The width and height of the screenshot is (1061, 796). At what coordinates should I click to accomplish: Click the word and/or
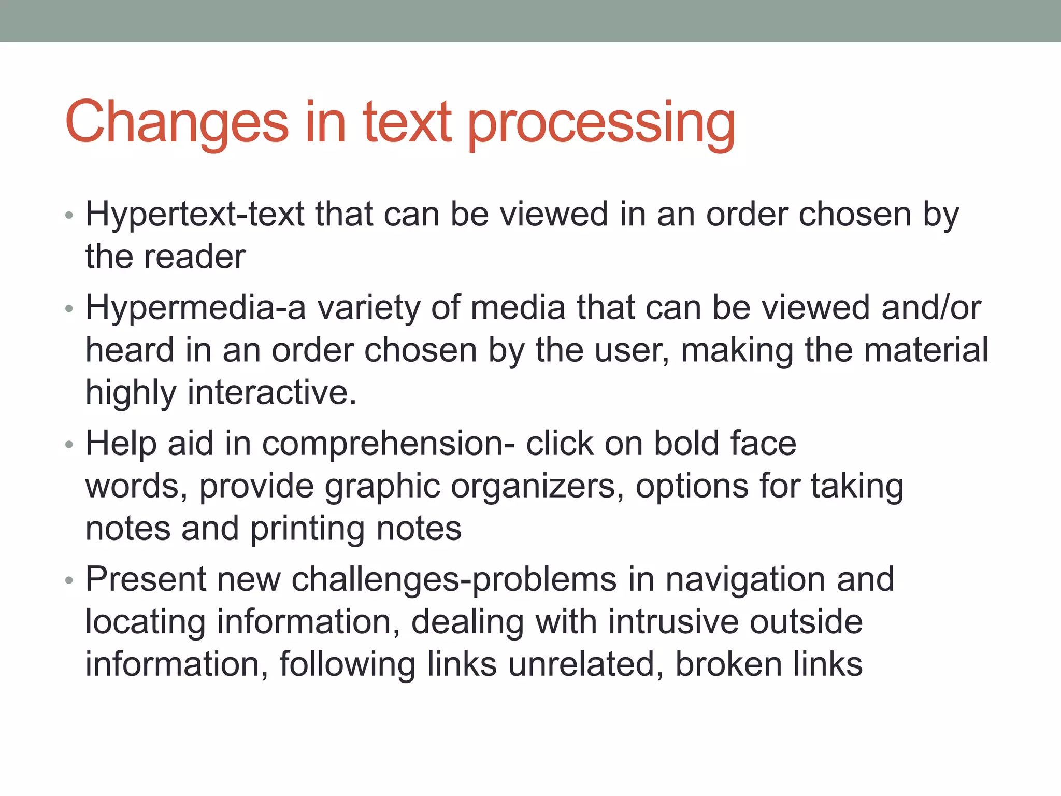pyautogui.click(x=931, y=308)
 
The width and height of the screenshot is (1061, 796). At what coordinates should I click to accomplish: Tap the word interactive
pyautogui.click(x=272, y=393)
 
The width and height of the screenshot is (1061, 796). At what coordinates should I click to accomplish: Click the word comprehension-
pyautogui.click(x=388, y=445)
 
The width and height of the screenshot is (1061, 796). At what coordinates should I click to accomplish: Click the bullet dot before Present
pyautogui.click(x=69, y=580)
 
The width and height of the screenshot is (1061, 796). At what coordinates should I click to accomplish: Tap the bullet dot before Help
pyautogui.click(x=69, y=445)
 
